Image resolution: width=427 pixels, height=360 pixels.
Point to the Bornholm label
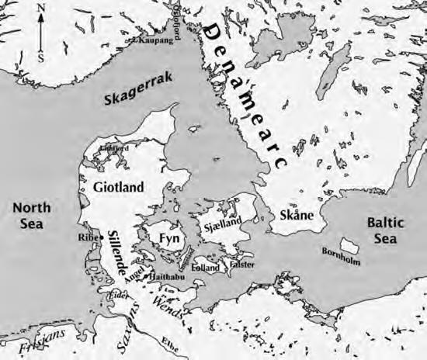tap(341, 257)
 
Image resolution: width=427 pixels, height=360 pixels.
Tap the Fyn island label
tap(169, 237)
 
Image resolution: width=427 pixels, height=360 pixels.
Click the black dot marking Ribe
tap(102, 237)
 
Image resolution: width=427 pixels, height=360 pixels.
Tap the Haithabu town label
tap(164, 276)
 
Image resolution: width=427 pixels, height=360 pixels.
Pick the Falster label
tap(243, 265)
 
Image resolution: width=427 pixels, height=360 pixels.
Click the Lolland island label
tap(206, 266)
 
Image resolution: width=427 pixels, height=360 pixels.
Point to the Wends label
tap(169, 300)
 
